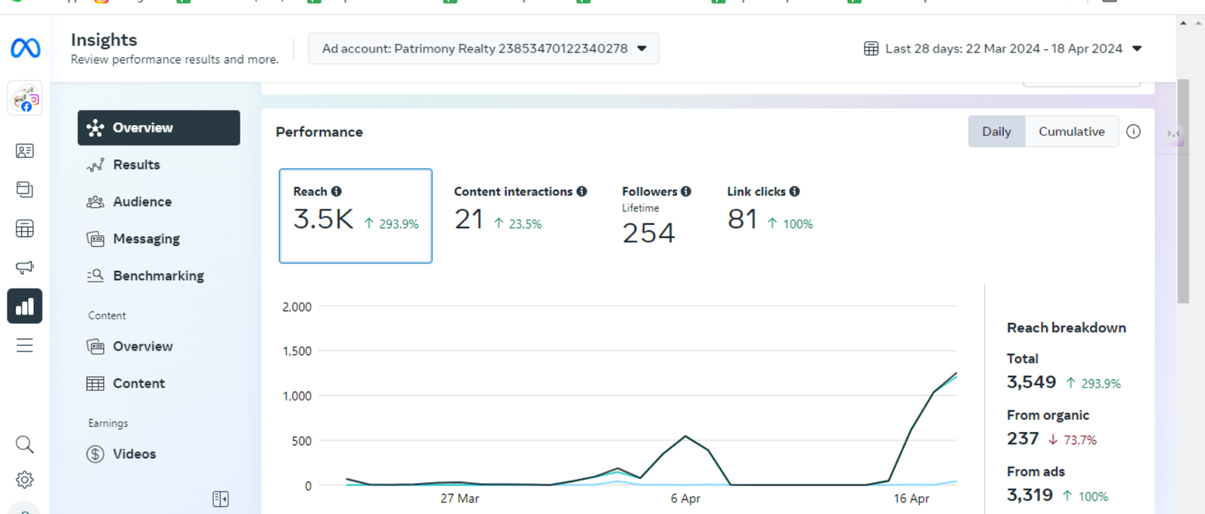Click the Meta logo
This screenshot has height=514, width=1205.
[26, 48]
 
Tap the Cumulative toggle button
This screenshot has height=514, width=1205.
[1072, 132]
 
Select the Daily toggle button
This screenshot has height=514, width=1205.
[996, 132]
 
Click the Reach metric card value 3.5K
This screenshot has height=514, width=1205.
[323, 219]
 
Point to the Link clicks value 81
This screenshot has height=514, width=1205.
[743, 219]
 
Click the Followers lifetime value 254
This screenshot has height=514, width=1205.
[648, 233]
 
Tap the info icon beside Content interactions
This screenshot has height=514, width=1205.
[581, 191]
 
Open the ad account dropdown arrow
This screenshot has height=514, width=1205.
[642, 48]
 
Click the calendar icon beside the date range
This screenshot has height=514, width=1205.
[871, 48]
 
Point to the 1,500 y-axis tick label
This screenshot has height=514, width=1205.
[297, 351]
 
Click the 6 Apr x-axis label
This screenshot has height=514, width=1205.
[685, 498]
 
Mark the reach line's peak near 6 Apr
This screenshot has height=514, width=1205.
[685, 436]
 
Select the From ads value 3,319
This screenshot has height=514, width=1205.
[1030, 494]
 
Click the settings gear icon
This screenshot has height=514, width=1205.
[25, 479]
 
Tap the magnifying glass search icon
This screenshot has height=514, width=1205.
[25, 445]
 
